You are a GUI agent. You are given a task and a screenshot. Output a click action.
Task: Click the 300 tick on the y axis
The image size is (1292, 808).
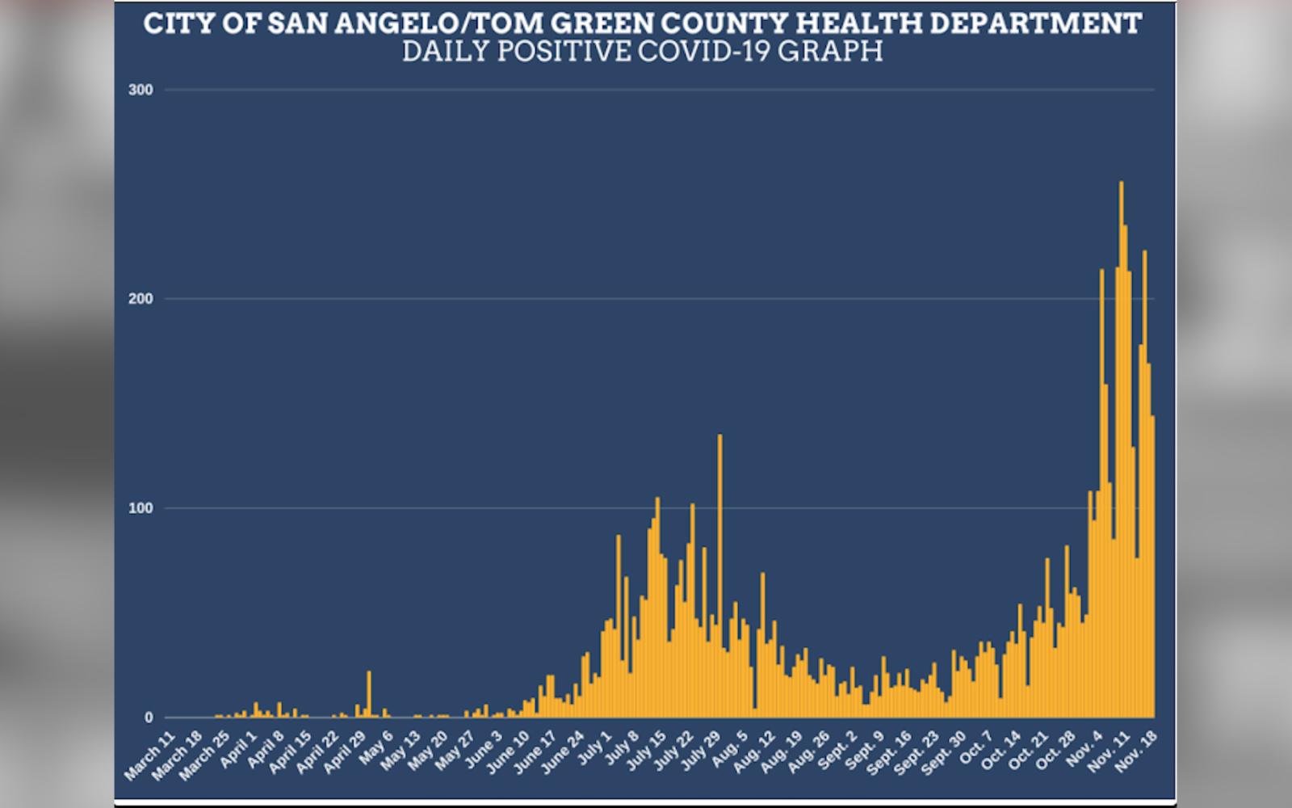click(141, 90)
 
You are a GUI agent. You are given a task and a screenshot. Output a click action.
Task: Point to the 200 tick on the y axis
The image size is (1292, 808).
click(141, 299)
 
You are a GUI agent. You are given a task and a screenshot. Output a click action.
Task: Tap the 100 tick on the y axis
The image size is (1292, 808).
click(141, 508)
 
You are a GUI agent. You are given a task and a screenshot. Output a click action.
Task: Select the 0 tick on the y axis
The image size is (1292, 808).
click(148, 718)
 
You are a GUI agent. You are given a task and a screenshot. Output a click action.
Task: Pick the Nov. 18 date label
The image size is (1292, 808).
click(1137, 753)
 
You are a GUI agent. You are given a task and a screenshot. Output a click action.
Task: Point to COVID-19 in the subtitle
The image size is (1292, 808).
click(707, 51)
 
